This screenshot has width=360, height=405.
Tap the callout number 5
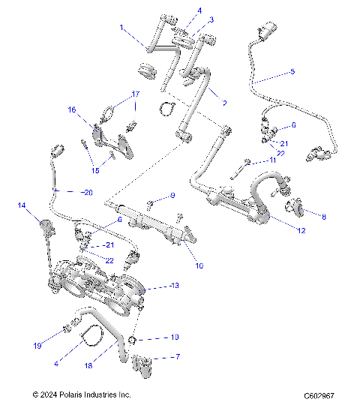(x=292, y=71)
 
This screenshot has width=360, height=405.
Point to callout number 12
(x=301, y=231)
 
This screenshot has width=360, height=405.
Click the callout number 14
(x=22, y=205)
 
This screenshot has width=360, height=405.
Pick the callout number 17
(x=136, y=94)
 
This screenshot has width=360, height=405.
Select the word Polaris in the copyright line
(x=83, y=394)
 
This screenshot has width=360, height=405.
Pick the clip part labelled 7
(x=142, y=366)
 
